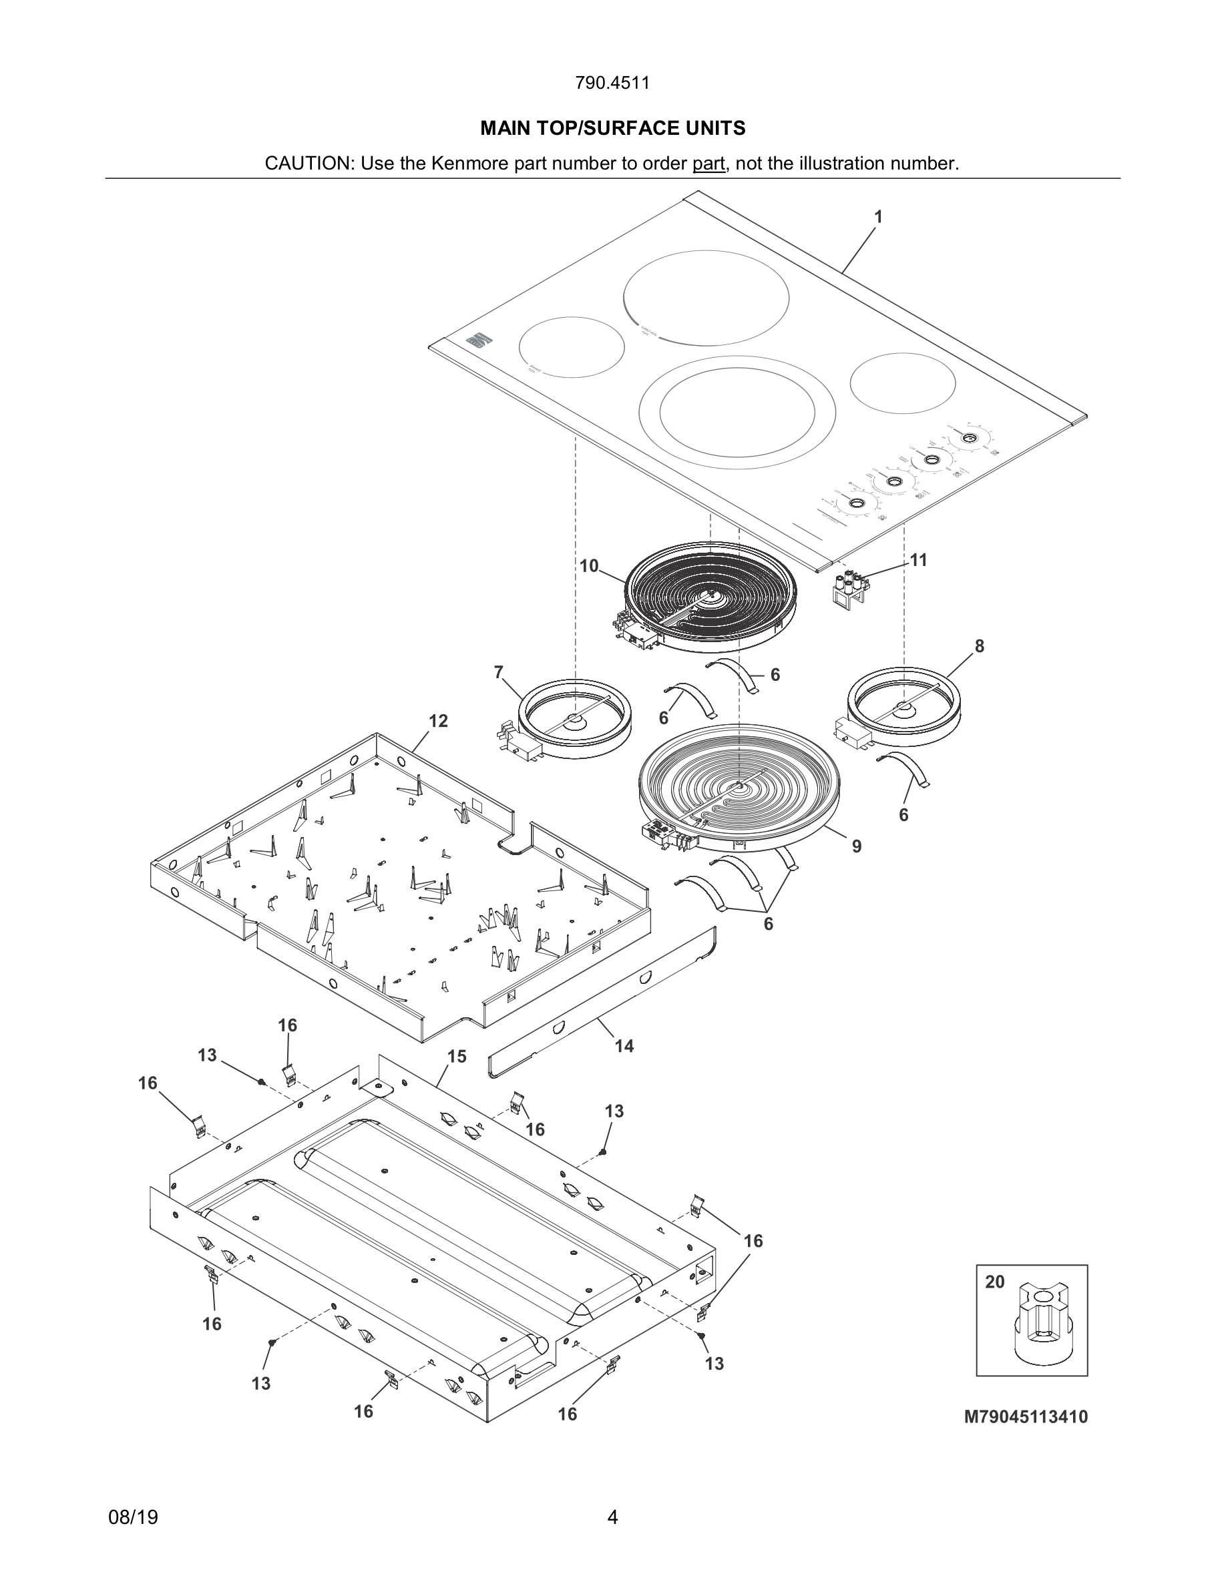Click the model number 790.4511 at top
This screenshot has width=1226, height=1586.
point(612,83)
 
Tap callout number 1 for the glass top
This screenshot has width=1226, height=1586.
point(878,216)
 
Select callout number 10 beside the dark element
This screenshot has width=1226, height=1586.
point(588,565)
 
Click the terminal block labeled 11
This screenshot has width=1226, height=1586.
point(850,588)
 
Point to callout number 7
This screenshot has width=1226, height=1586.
point(498,672)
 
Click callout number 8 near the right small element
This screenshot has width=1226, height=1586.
point(979,645)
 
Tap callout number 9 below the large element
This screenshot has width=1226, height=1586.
point(857,846)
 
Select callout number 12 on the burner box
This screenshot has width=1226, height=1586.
point(438,721)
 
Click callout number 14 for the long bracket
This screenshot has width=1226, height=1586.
point(624,1046)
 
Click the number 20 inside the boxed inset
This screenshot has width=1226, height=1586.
point(995,1282)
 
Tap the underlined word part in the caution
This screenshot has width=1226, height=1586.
point(708,164)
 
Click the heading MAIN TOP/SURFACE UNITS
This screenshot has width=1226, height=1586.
point(612,129)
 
